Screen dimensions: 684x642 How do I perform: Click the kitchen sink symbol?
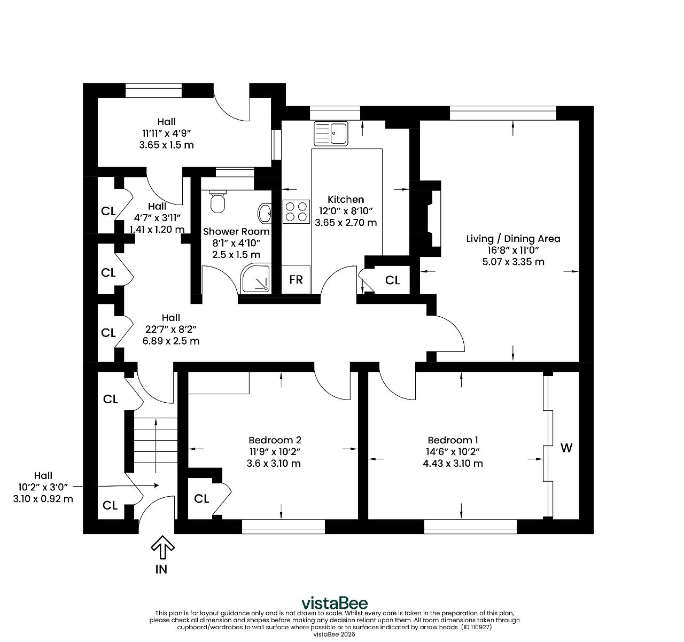click(x=331, y=133)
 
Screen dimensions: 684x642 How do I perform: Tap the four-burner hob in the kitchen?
click(x=296, y=212)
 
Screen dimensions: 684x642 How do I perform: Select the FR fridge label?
click(x=296, y=279)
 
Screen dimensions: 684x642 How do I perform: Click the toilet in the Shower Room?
click(x=217, y=201)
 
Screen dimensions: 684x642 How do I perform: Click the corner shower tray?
click(x=255, y=278)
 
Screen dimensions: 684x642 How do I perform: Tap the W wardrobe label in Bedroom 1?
click(x=566, y=448)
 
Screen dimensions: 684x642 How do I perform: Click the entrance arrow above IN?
click(x=162, y=547)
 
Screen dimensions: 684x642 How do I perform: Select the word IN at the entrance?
click(x=161, y=569)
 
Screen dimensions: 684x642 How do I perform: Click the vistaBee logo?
click(x=335, y=603)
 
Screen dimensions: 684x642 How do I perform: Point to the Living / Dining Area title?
click(x=513, y=239)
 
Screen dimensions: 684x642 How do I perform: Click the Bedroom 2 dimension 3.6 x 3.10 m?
click(x=274, y=464)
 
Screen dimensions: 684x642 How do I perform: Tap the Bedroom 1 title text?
click(x=453, y=440)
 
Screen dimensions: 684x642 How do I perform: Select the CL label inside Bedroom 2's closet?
click(x=201, y=499)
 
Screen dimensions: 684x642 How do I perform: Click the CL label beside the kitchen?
click(x=393, y=280)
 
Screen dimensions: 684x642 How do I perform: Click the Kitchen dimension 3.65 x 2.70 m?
click(x=346, y=222)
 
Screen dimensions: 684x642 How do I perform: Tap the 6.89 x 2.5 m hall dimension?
click(x=171, y=341)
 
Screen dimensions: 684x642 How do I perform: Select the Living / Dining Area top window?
click(x=503, y=113)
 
